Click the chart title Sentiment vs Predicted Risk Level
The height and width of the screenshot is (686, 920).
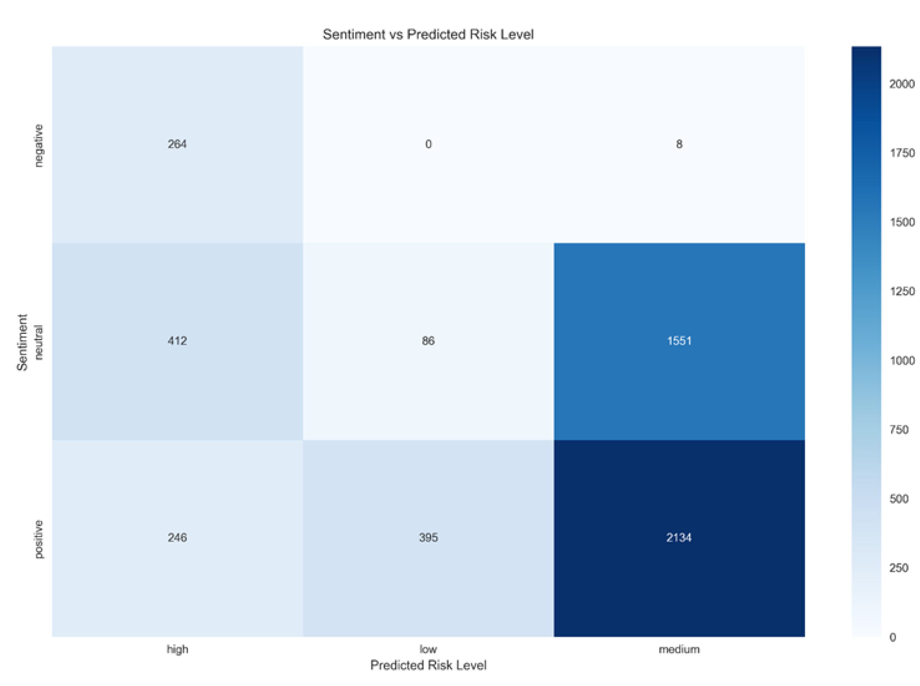[x=428, y=35]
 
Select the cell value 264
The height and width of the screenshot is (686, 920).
[x=177, y=144]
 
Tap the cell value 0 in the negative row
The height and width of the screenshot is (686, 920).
[x=428, y=144]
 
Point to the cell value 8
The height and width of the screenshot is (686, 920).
[x=679, y=144]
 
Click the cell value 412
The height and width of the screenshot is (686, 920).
[x=177, y=341]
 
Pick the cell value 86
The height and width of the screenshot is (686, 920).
[x=428, y=341]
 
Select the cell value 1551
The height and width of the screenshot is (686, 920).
[x=679, y=341]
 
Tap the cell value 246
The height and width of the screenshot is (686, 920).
[x=177, y=538]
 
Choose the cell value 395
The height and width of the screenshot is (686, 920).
[x=428, y=538]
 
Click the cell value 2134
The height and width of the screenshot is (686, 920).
[x=679, y=538]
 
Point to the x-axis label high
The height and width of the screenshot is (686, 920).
[x=177, y=649]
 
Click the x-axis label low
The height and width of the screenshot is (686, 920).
[x=428, y=649]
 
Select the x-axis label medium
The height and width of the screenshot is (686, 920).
[x=679, y=649]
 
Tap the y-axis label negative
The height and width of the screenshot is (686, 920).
[x=38, y=145]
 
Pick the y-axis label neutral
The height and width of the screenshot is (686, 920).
[x=38, y=342]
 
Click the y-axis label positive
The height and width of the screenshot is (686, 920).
[x=38, y=539]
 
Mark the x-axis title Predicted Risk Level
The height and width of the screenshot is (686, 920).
[x=428, y=665]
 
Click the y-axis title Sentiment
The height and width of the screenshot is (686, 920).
[x=22, y=342]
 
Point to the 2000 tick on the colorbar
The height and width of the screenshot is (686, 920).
[x=902, y=84]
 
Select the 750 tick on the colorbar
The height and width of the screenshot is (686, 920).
[x=899, y=430]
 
